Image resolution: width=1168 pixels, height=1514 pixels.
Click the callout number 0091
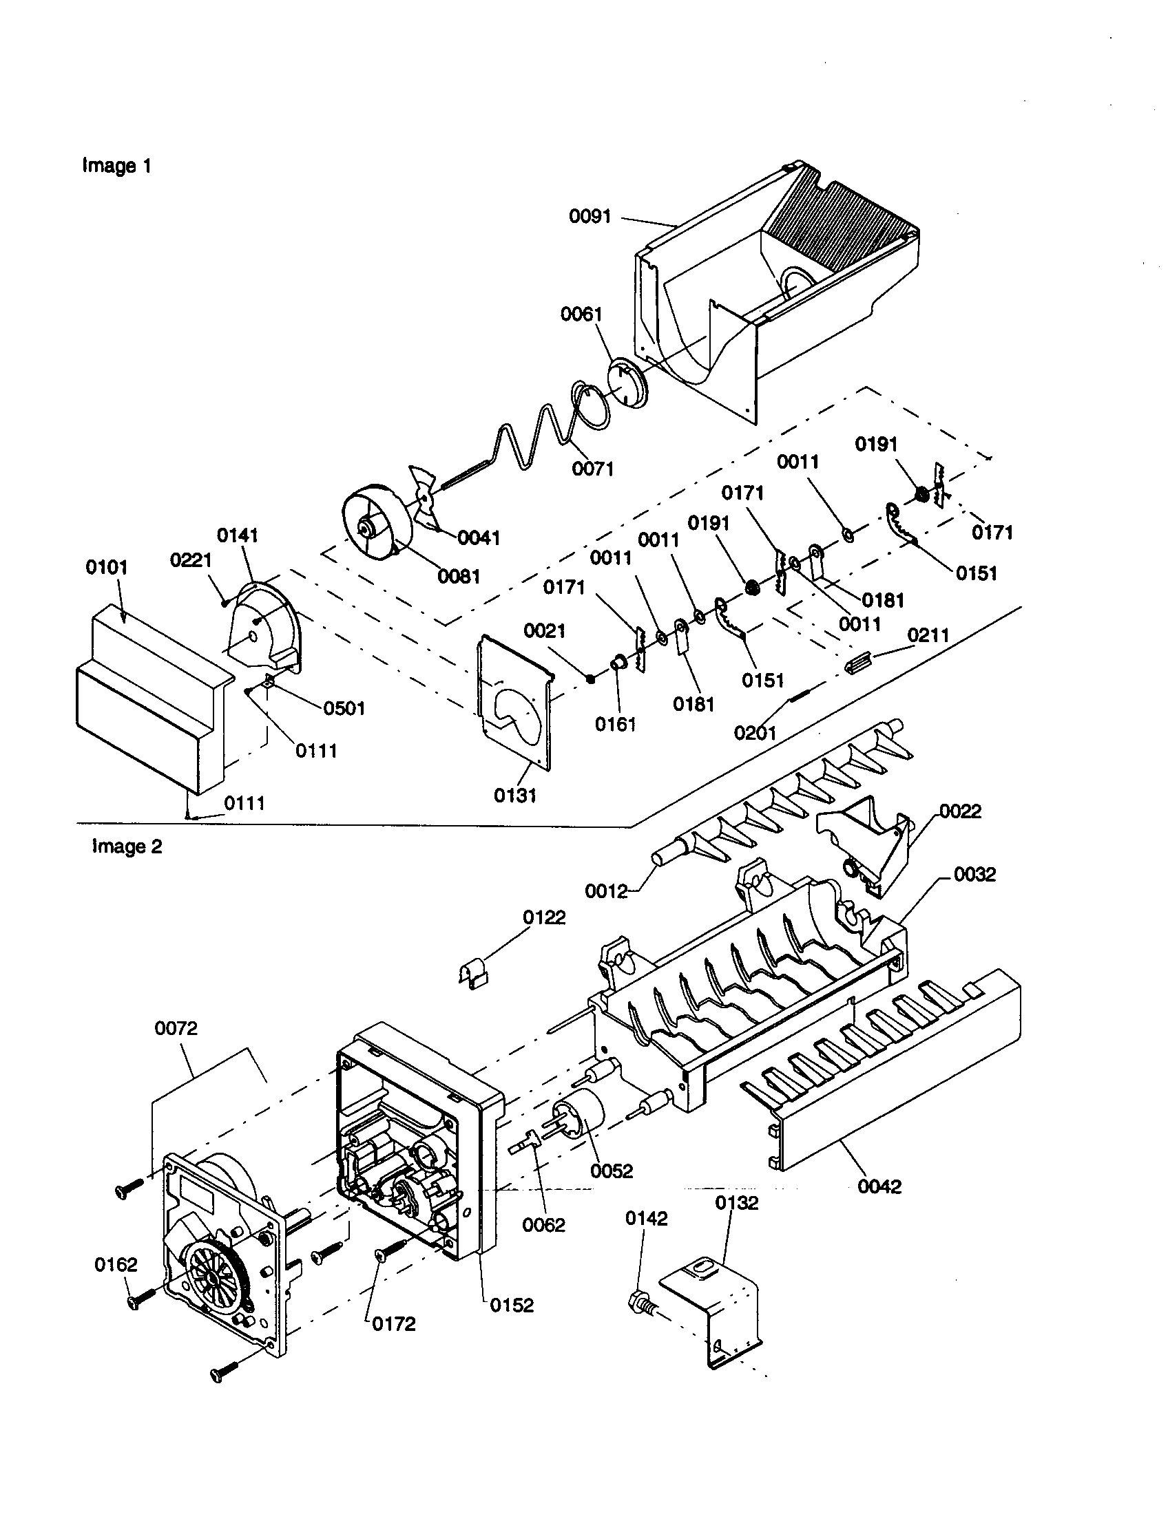pos(590,216)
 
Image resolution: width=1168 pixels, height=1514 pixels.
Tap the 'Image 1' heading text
pos(116,166)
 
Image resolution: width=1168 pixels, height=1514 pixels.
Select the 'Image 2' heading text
pos(127,846)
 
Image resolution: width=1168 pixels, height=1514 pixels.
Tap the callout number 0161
pos(615,724)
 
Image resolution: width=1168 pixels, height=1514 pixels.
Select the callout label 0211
pos(928,635)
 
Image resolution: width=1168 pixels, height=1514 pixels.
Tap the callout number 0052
pos(612,1171)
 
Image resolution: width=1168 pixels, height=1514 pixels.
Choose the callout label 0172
pos(394,1324)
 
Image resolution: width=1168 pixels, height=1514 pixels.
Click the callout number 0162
pos(116,1264)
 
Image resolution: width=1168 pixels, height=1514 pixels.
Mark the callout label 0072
pos(176,1028)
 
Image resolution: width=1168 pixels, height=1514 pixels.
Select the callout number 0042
pos(879,1186)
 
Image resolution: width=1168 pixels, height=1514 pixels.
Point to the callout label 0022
pos(960,811)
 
